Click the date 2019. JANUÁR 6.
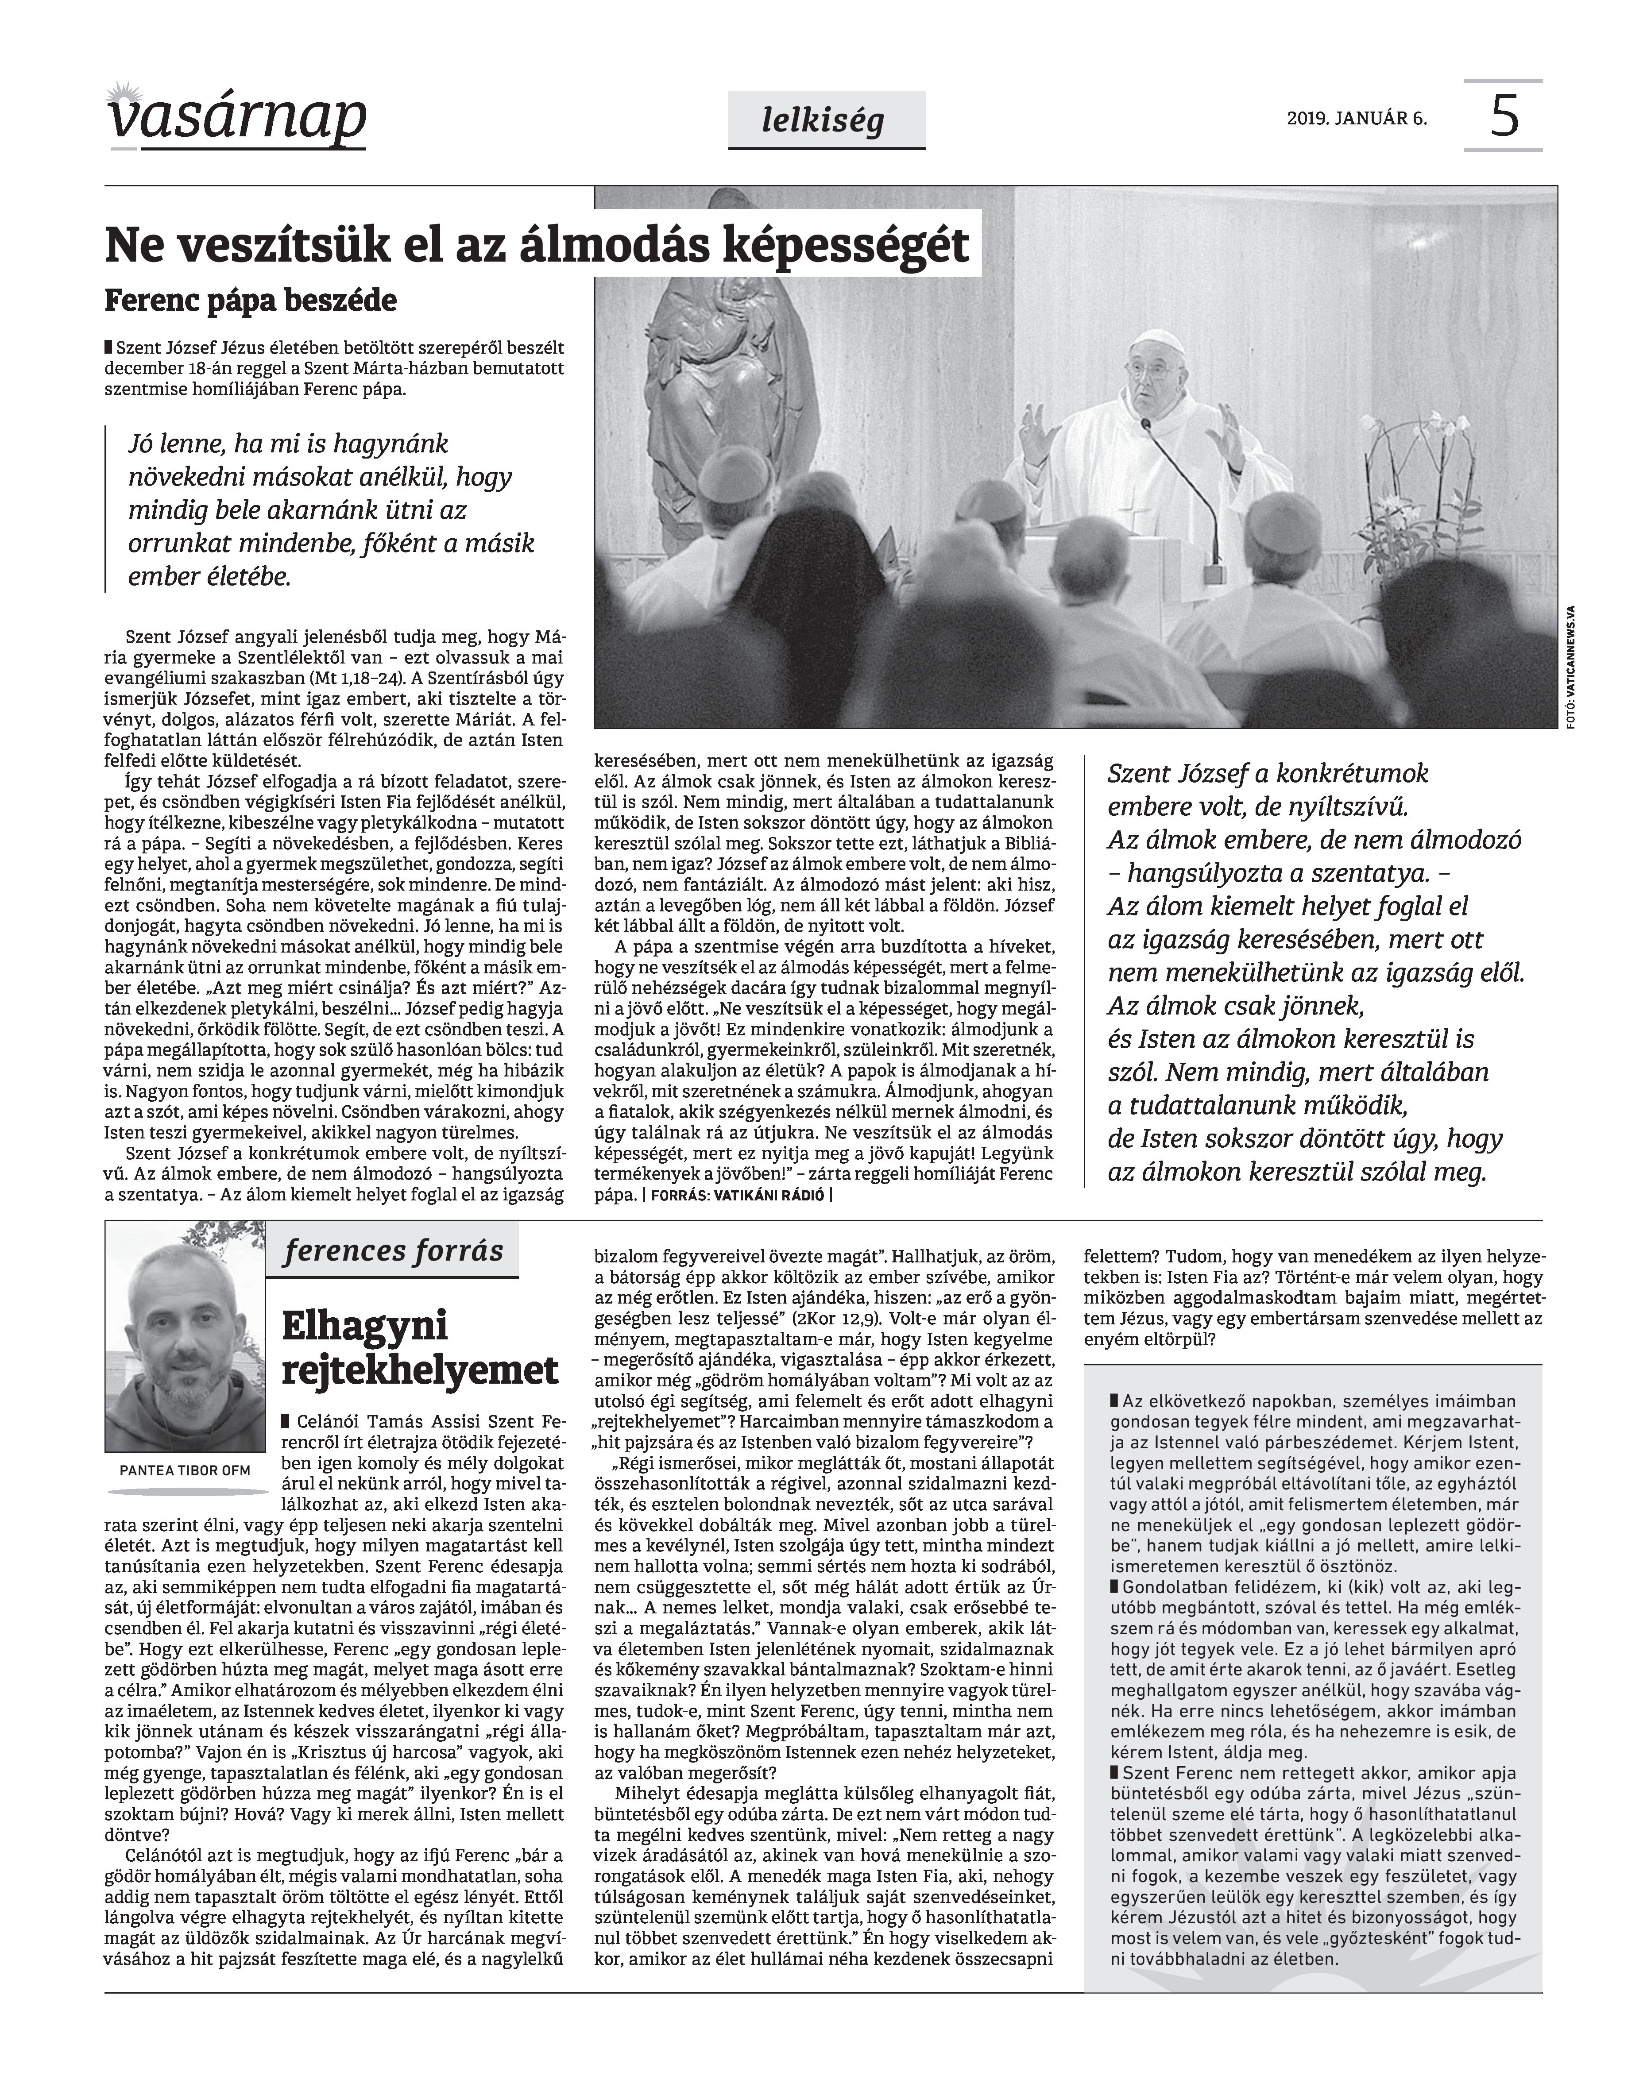coord(1357,120)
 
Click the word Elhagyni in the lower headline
coord(364,1326)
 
